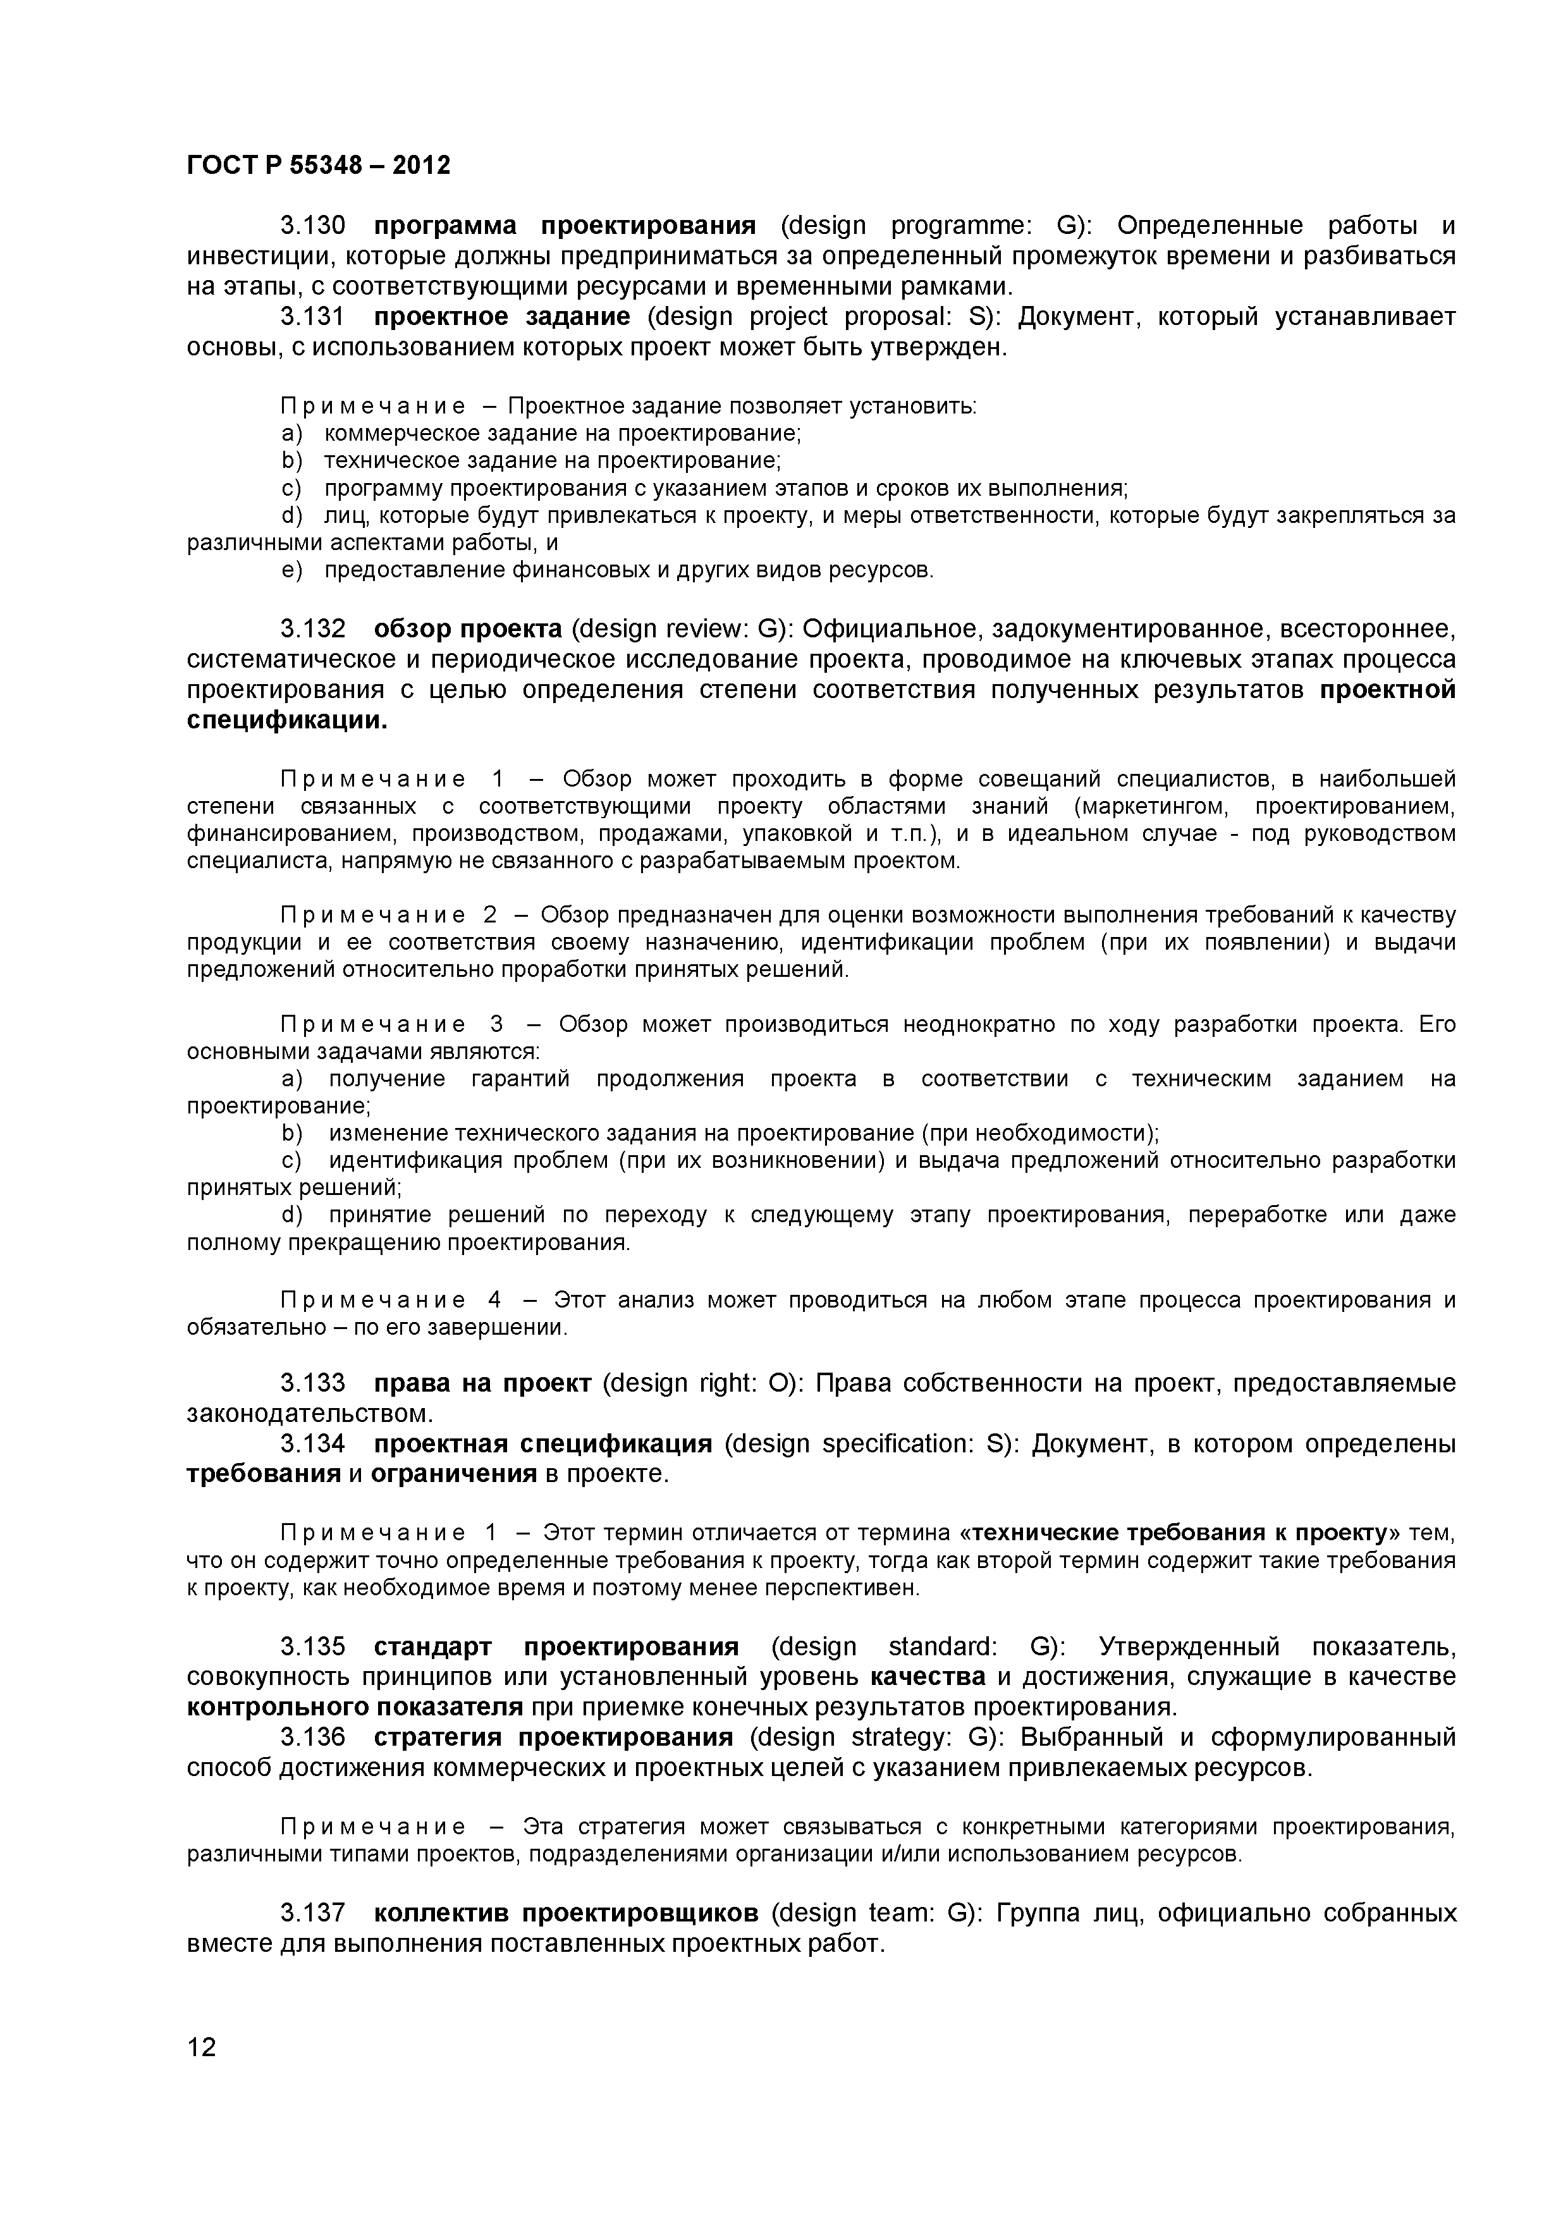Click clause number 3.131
click(312, 317)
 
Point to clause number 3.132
click(312, 629)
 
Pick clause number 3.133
click(312, 1383)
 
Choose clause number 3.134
click(312, 1444)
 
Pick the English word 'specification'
click(898, 1444)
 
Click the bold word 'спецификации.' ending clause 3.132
click(287, 721)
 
